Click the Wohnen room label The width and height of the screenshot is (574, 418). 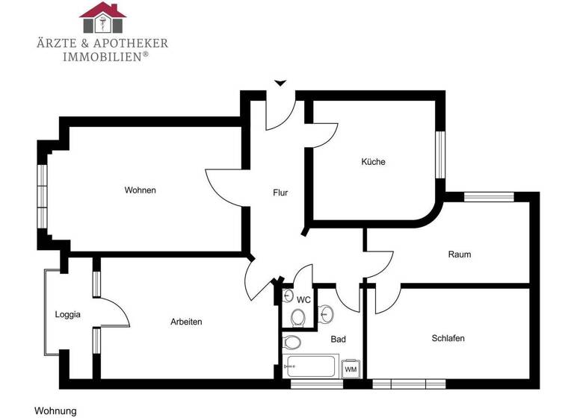[140, 190]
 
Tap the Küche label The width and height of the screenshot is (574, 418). [373, 162]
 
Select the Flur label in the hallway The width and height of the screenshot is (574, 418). [280, 193]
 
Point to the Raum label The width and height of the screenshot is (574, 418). [460, 255]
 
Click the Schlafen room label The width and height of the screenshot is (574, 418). [448, 338]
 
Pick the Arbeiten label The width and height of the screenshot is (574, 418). [186, 322]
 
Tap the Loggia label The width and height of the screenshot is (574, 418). [67, 314]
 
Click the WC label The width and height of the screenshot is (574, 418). [303, 299]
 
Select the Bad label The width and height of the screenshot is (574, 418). [338, 339]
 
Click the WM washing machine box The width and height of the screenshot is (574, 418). [351, 369]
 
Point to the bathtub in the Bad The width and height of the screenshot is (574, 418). [313, 366]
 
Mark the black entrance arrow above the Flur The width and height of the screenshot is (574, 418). [280, 83]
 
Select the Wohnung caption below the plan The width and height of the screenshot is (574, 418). [55, 411]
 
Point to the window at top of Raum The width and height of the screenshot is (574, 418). [488, 197]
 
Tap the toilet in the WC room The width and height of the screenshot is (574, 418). [299, 317]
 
